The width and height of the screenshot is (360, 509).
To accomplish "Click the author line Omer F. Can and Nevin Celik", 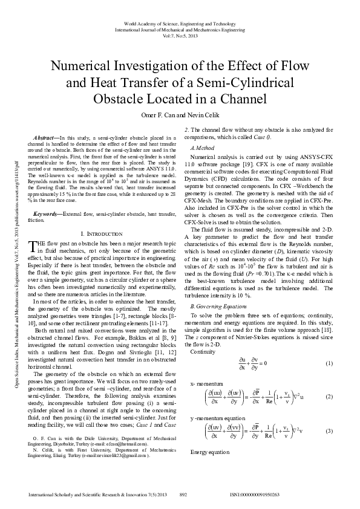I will click(180, 116).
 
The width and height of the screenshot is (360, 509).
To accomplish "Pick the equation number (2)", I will click(329, 397).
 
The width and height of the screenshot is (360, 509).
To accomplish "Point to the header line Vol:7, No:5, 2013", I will click(180, 35).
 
